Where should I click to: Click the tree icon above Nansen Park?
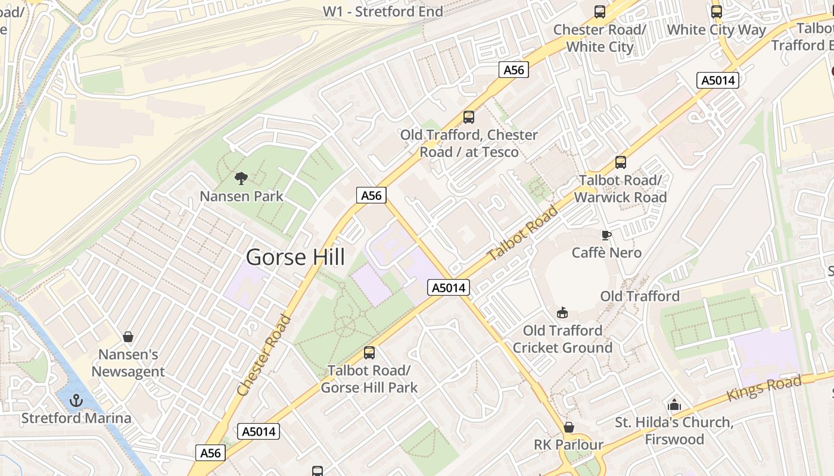tap(241, 178)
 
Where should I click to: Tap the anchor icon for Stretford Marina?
tap(76, 400)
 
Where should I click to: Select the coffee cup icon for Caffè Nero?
tap(606, 235)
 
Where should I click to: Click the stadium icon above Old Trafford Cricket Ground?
tap(562, 312)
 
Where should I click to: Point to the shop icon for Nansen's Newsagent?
tap(127, 337)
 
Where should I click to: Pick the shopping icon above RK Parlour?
tap(569, 427)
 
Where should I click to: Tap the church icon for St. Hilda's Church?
tap(674, 405)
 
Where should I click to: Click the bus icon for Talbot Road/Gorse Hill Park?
tap(369, 353)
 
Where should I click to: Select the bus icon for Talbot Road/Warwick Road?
tap(620, 162)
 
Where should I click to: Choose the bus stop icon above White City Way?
tap(716, 11)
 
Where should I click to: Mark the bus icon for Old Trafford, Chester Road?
tap(469, 117)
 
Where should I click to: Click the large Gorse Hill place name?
tap(295, 257)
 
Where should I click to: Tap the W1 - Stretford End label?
tap(382, 11)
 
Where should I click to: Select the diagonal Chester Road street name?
tap(264, 356)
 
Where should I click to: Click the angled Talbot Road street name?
tap(522, 233)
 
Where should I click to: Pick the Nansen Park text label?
tap(241, 196)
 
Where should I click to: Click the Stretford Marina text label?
tap(76, 418)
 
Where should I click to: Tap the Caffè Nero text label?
tap(606, 253)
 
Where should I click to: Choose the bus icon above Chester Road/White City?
tap(600, 11)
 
